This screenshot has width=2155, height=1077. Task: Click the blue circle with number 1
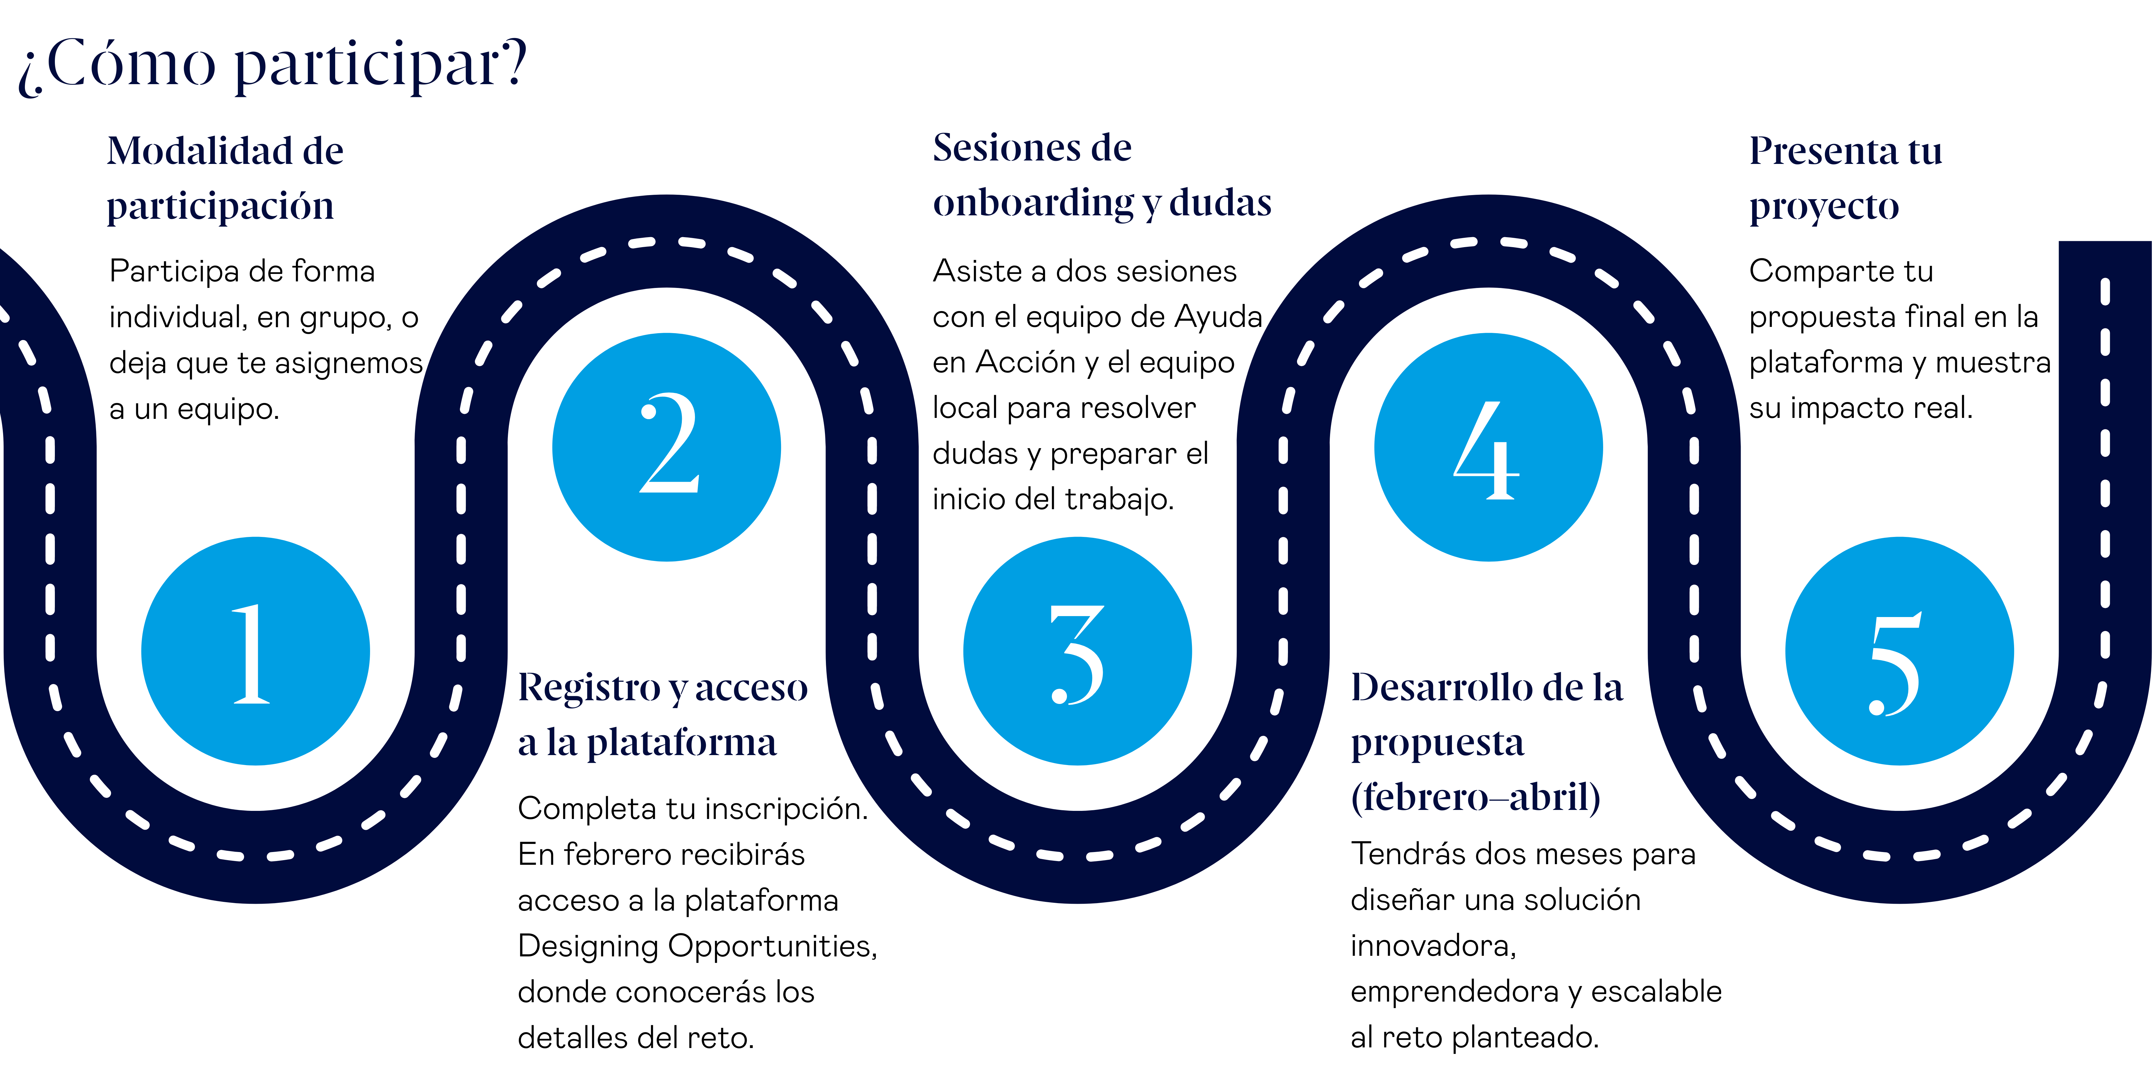tap(255, 651)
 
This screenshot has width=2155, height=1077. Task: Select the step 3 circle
tap(1077, 651)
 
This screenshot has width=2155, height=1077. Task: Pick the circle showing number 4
tap(1488, 448)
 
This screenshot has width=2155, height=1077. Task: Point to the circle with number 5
tap(1899, 651)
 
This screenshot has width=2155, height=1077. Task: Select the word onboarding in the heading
tap(1033, 203)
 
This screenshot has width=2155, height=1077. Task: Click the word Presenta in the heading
tap(1824, 151)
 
